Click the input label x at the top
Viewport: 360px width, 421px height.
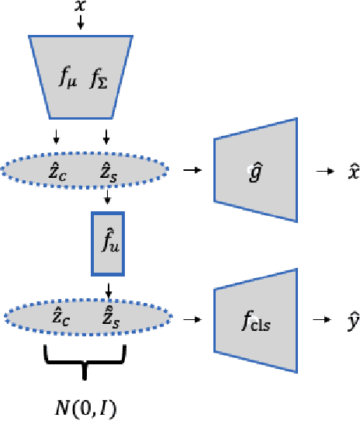(81, 7)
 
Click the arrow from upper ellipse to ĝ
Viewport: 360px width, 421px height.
(189, 168)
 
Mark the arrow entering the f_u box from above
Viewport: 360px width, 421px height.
(108, 200)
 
